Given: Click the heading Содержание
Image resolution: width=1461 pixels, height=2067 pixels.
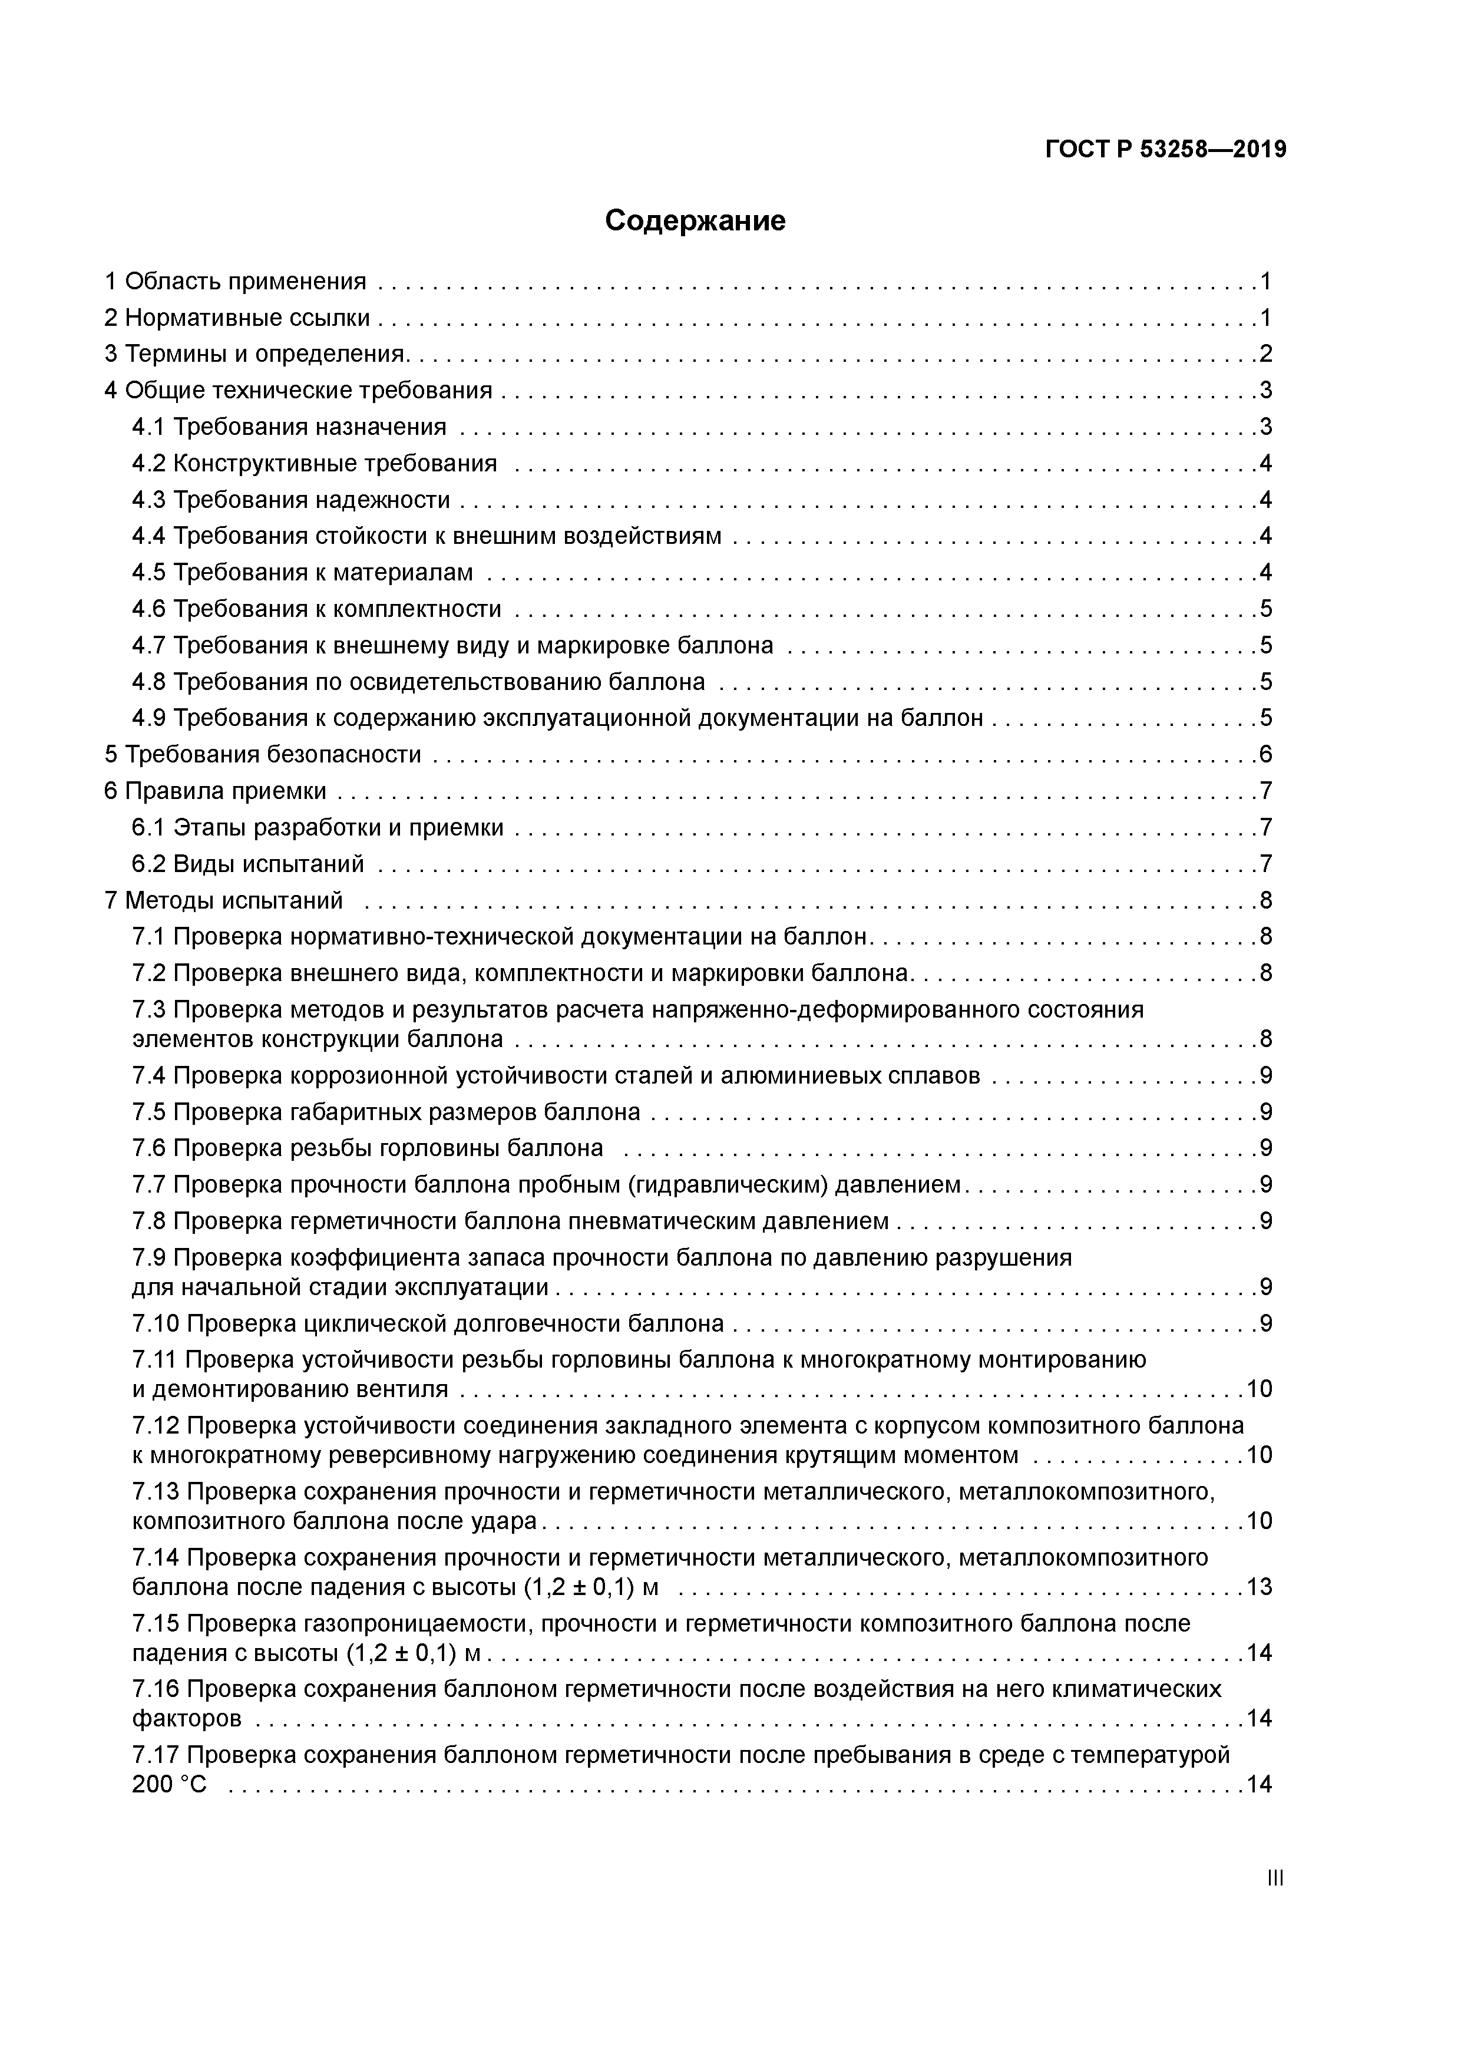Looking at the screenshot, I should tap(695, 220).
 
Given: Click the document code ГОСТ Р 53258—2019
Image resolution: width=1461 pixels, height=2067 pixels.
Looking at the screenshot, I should tap(1166, 150).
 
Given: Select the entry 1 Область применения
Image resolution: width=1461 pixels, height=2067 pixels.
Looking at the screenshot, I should tap(236, 282).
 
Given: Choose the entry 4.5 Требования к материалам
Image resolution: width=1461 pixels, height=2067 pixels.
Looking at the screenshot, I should tap(302, 573).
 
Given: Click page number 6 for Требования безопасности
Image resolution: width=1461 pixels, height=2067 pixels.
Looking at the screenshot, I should tap(1265, 754).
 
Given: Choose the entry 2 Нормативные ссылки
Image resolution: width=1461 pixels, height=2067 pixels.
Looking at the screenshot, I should tap(237, 318).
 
